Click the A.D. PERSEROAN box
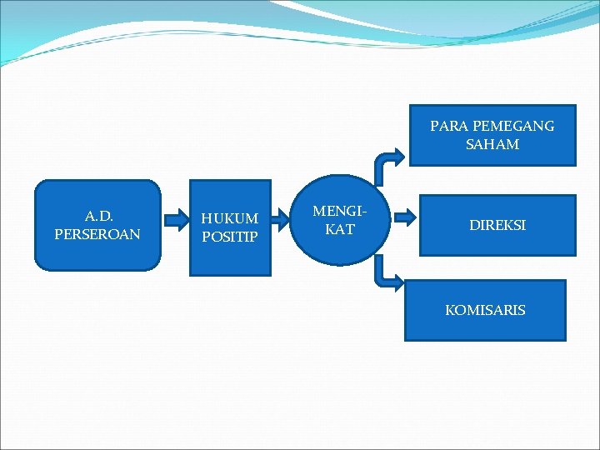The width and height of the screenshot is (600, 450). point(97,225)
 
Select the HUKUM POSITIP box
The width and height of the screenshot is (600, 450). point(230,227)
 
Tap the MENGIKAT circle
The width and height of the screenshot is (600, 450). point(339,220)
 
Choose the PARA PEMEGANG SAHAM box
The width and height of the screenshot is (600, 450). point(492,135)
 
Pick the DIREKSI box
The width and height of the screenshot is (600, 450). point(497,225)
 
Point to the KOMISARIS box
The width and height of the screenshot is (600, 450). point(485,310)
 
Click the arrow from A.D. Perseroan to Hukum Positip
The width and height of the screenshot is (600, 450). point(176,220)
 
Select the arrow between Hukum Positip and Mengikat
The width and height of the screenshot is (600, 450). point(286,220)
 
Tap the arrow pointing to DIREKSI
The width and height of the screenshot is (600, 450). point(405,217)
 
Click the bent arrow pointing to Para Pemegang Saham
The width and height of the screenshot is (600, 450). point(388,162)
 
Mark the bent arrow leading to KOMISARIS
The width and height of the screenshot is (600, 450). point(387,273)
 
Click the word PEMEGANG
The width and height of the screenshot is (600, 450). point(512,127)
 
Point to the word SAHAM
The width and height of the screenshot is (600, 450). point(492,145)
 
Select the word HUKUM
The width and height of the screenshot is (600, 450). point(230,218)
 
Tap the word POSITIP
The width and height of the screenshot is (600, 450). point(230,237)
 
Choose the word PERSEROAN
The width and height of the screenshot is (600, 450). point(97,235)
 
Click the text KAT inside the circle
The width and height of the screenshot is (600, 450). point(340,230)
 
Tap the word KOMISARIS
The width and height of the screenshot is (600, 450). point(485,310)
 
